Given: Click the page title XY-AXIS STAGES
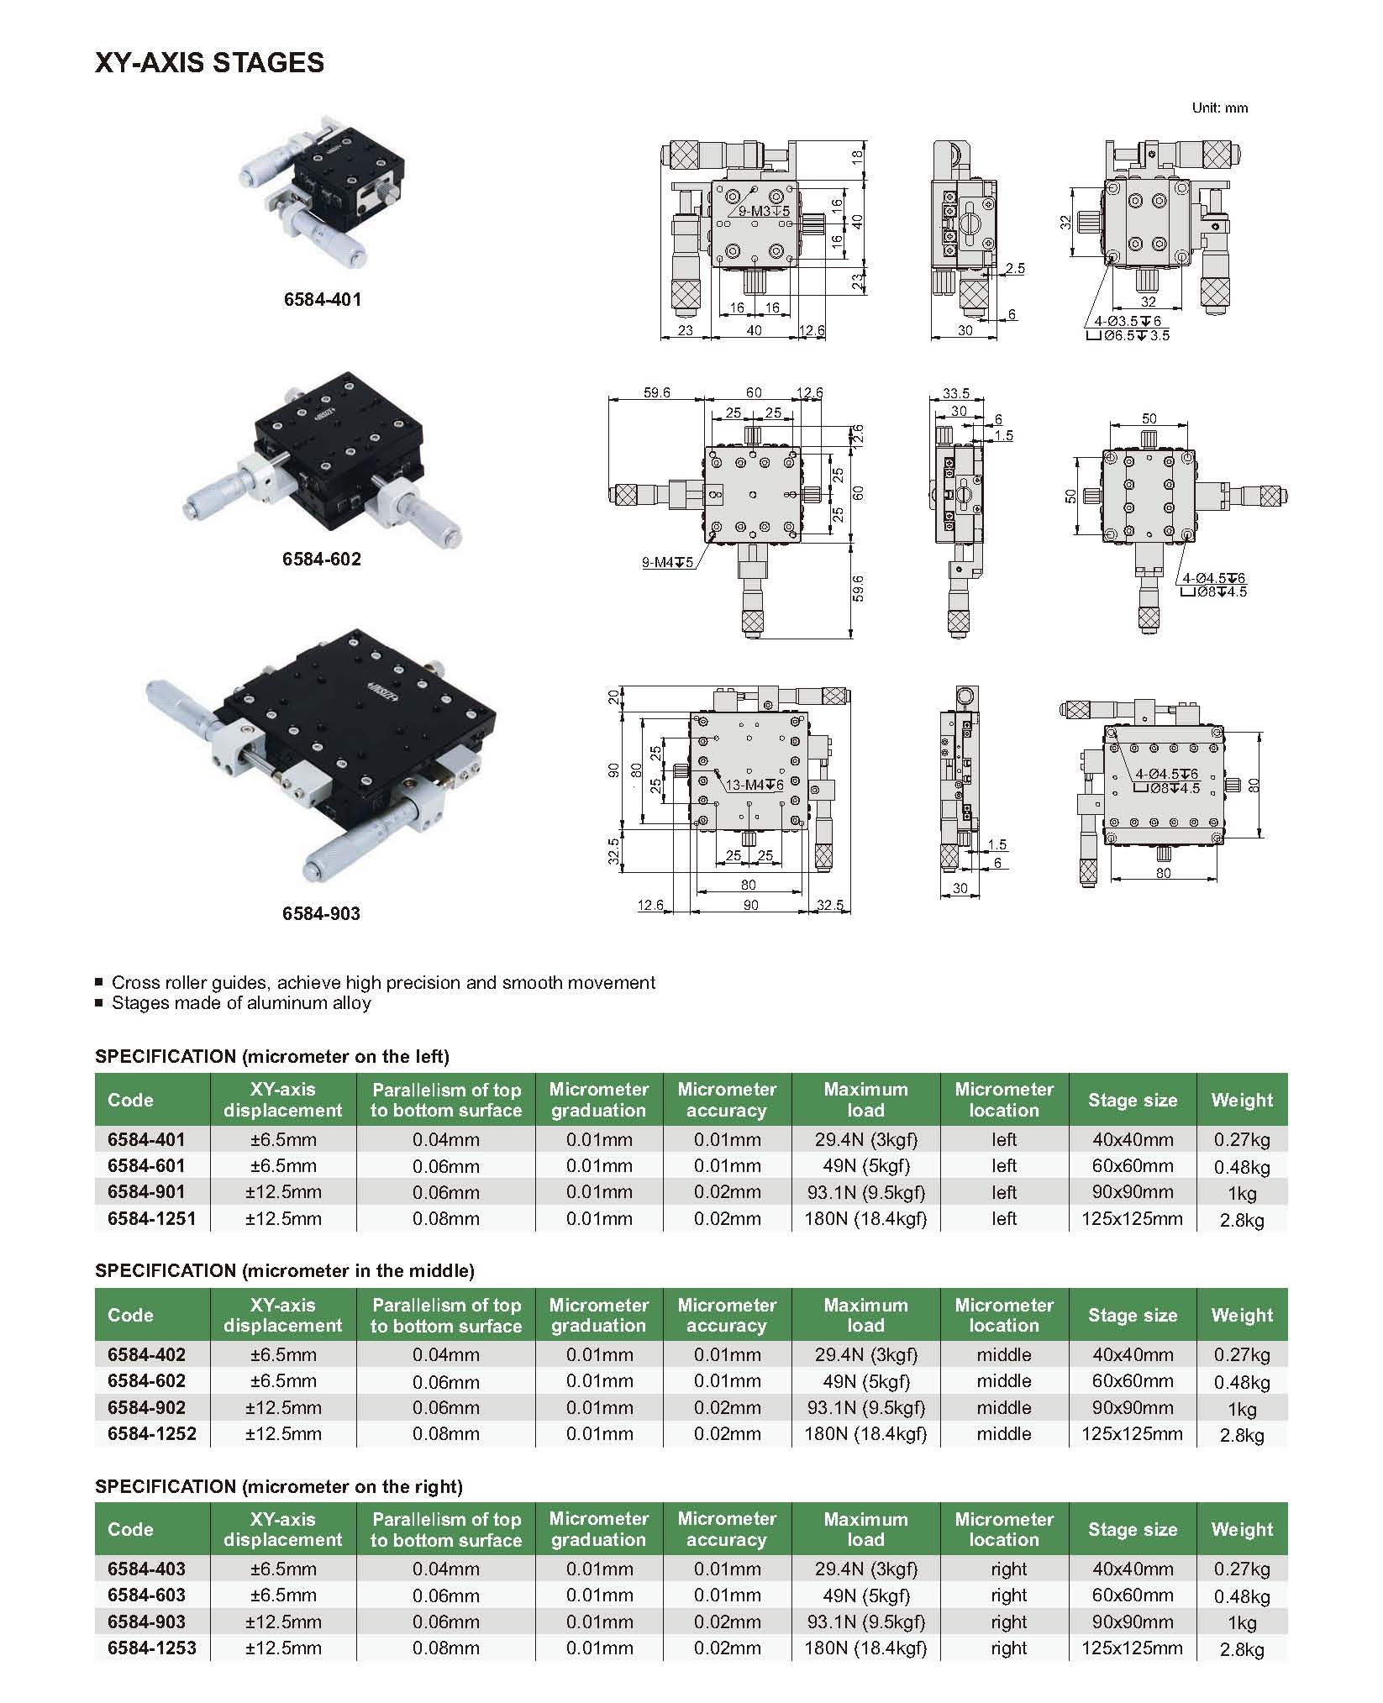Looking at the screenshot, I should pos(209,63).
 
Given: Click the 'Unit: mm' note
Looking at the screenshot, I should pos(1219,108).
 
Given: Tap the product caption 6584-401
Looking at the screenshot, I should pos(323,299).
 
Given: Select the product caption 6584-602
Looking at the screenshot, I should pos(322,559).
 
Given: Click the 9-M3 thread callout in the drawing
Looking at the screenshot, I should pos(764,212).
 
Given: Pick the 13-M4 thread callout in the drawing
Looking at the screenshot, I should pos(754,785).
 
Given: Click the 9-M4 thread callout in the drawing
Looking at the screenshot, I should pos(667,562).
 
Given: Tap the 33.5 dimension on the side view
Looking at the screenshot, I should pos(956,392).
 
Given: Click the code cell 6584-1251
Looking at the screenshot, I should pos(151,1218).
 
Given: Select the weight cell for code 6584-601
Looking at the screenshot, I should pos(1241,1166).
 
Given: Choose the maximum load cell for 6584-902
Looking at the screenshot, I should pos(865,1407).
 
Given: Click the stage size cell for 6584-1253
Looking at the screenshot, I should pos(1132,1648).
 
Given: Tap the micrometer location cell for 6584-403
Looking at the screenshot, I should pos(1008,1569).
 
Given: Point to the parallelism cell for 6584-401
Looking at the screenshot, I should pos(445,1140).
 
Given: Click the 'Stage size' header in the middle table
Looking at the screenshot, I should pos(1132,1315).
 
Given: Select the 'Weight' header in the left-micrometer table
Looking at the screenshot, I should pos(1241,1100).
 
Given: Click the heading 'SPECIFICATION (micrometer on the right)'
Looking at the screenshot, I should pos(279,1486).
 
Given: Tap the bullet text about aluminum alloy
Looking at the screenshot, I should pos(241,1003).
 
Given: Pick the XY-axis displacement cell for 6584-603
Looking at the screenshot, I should pos(283,1595).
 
